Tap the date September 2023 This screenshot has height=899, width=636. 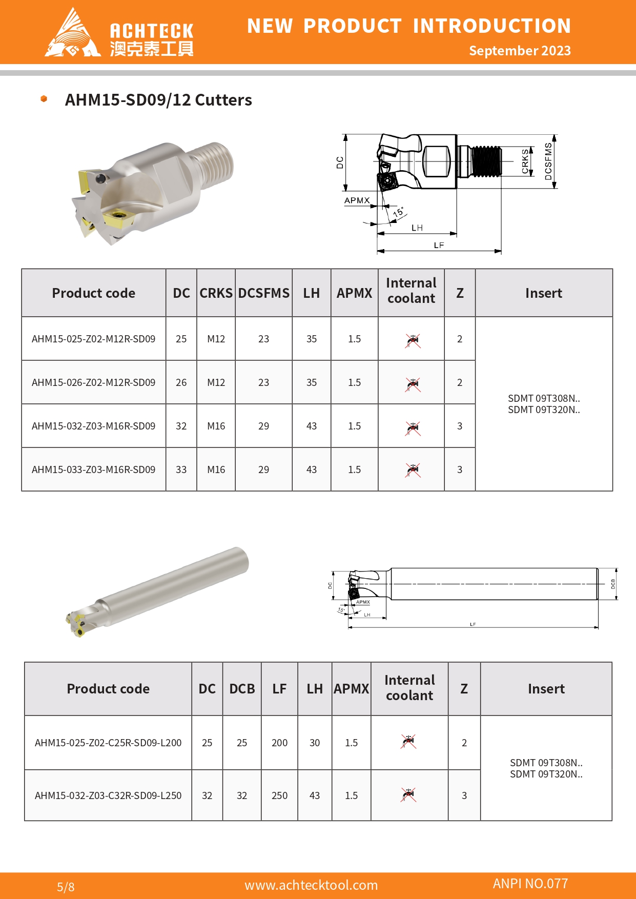520,51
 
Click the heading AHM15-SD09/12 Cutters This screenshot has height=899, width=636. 158,100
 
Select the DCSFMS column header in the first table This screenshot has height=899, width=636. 263,293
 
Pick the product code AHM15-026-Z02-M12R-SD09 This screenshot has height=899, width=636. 93,383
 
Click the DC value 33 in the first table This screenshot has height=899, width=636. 181,470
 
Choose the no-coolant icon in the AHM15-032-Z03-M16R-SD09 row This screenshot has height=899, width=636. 413,427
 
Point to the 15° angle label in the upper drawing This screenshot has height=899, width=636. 398,212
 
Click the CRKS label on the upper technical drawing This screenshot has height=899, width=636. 525,161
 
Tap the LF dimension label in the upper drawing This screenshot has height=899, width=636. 439,245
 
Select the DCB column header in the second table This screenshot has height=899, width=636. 242,689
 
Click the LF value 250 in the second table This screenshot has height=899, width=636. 279,795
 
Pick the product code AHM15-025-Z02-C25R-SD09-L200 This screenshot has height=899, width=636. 108,743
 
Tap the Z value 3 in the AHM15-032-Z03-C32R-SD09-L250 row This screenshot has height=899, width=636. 464,795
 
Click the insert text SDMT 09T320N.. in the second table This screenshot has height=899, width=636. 546,774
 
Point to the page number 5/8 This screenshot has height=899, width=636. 66,887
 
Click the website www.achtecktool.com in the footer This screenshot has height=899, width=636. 311,885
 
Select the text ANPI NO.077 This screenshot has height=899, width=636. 530,884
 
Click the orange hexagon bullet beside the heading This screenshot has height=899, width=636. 44,98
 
